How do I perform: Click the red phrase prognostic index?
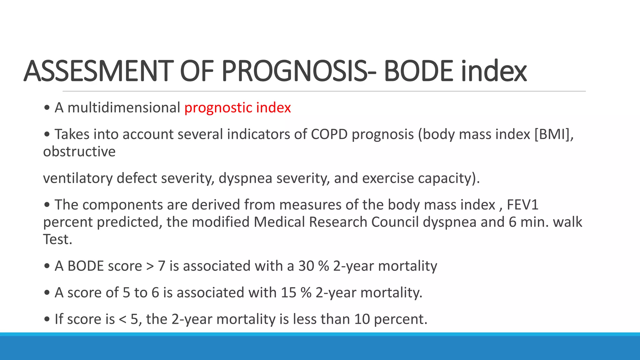point(237,108)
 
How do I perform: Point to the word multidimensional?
point(124,108)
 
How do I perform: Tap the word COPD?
point(329,134)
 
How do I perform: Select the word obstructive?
point(79,152)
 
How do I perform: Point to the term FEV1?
point(522,205)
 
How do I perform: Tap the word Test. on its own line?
point(57,240)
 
